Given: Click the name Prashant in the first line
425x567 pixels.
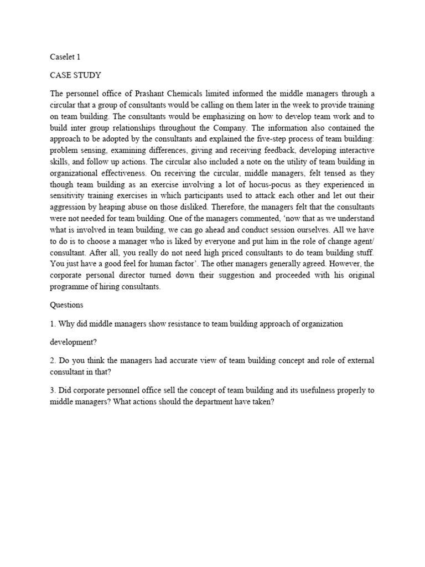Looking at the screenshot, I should click(149, 94).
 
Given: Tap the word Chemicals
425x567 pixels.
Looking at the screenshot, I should click(192, 94).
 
